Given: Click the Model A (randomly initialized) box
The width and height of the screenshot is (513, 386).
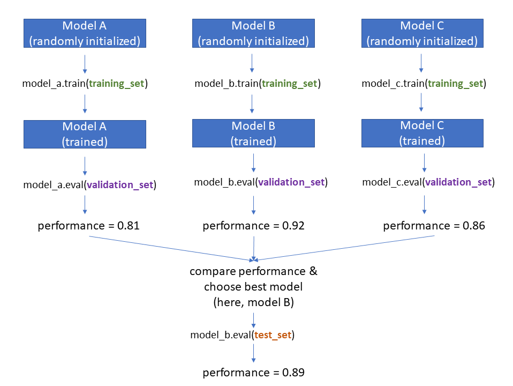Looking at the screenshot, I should pyautogui.click(x=85, y=33).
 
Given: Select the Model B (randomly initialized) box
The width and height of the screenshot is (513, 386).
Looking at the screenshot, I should pyautogui.click(x=253, y=33).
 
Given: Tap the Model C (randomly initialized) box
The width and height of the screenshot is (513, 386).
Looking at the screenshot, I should pyautogui.click(x=422, y=33).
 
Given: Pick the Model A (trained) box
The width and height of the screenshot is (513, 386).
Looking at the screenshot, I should pyautogui.click(x=85, y=134).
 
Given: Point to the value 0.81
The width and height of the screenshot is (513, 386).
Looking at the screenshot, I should pyautogui.click(x=129, y=226).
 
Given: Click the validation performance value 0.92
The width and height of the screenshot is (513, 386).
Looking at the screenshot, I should pyautogui.click(x=293, y=226).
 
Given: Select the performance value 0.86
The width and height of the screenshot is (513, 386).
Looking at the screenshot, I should pyautogui.click(x=474, y=226).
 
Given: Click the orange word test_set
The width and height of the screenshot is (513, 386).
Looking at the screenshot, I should pyautogui.click(x=273, y=335).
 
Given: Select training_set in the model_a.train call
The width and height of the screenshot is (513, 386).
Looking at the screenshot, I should pyautogui.click(x=116, y=84).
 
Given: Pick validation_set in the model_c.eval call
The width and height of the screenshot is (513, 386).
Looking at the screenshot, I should pyautogui.click(x=458, y=182).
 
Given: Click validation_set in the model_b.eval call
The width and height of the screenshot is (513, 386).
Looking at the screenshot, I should pyautogui.click(x=291, y=182).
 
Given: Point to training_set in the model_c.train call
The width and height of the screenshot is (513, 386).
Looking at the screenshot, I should pyautogui.click(x=456, y=84).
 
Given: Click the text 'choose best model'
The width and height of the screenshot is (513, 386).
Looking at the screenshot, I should pyautogui.click(x=253, y=287).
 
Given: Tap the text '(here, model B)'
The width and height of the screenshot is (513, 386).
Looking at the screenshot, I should pyautogui.click(x=253, y=302).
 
